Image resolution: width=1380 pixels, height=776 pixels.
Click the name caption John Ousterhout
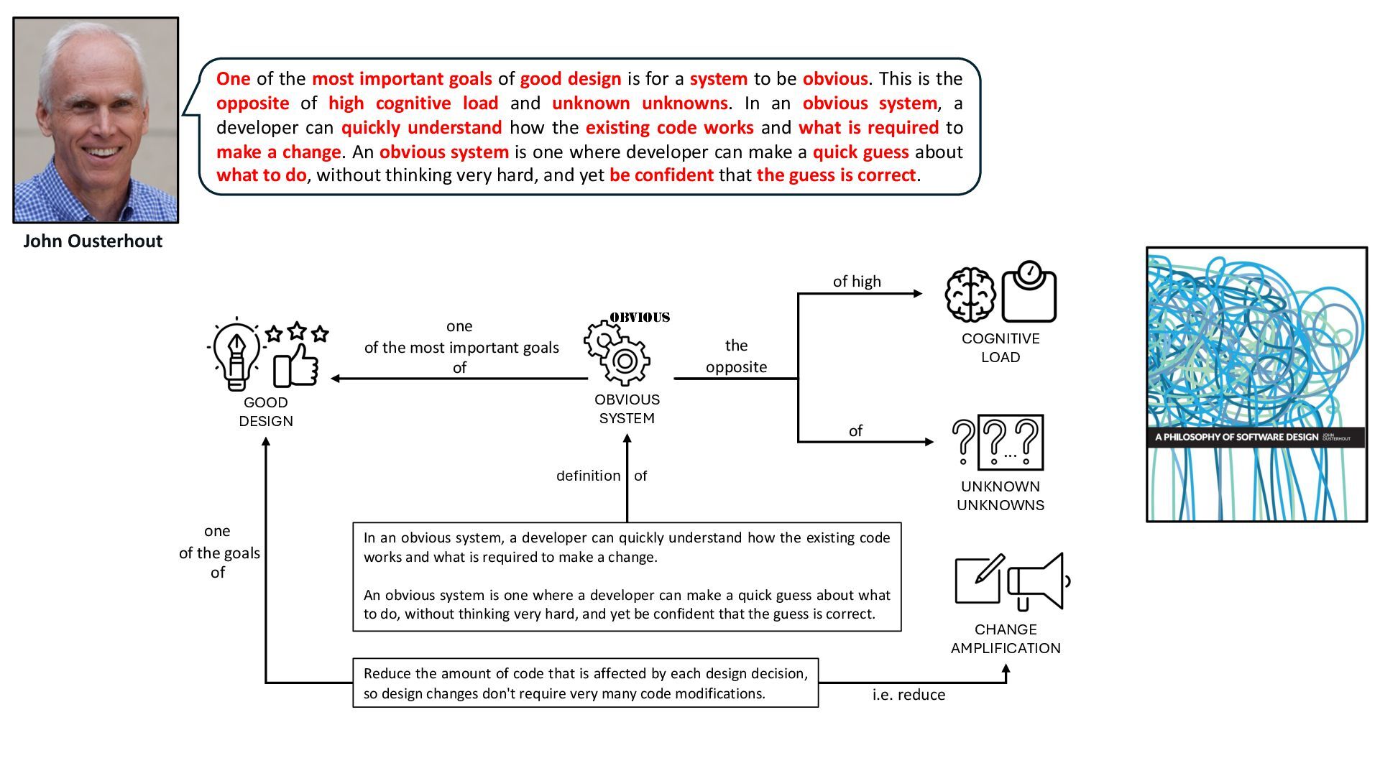(93, 241)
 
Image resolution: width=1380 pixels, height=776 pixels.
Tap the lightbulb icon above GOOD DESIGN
(236, 355)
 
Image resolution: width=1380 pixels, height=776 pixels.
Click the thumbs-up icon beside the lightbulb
(296, 366)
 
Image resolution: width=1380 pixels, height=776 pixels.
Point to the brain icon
(970, 295)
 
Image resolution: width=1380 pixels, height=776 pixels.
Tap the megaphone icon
(1038, 582)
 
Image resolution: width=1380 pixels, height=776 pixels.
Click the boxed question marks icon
(1011, 442)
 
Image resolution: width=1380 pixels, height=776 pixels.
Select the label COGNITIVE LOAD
(1000, 348)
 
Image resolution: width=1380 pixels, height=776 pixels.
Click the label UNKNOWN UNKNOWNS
(1000, 496)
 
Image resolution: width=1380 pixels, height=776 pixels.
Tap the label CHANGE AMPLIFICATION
(1006, 639)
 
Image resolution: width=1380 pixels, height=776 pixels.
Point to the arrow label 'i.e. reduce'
(908, 695)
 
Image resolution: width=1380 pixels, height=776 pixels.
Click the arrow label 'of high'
(857, 282)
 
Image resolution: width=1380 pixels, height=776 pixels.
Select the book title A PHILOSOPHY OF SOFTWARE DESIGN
(1236, 437)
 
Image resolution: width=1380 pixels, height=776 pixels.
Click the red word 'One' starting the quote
(234, 79)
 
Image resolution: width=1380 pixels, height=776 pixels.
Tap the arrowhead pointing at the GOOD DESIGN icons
(335, 379)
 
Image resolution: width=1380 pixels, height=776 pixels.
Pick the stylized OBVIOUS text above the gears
(640, 318)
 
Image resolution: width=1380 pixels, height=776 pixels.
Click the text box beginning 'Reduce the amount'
(585, 683)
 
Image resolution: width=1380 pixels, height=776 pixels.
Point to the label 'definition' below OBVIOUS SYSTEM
(588, 476)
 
